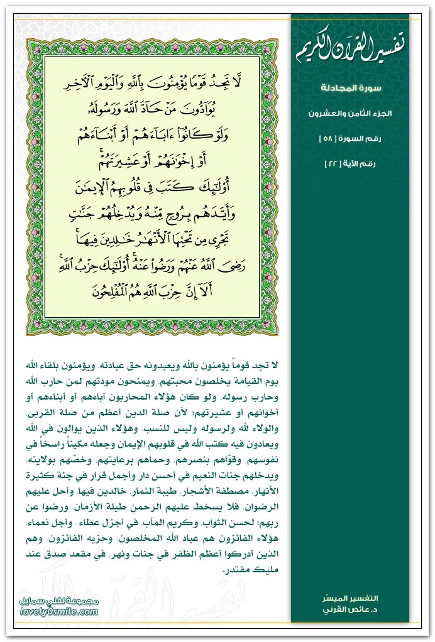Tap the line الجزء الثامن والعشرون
360,114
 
